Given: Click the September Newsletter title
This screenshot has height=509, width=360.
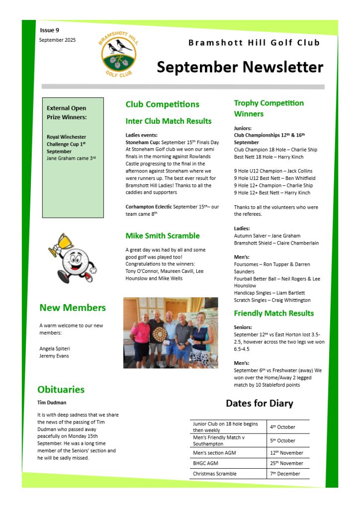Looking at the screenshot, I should pos(240,67).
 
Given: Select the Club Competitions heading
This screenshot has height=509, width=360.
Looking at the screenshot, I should pos(162,104).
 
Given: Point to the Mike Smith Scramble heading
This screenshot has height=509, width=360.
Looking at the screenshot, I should pos(162,236).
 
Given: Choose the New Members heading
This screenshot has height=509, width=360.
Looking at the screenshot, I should pos(73,308).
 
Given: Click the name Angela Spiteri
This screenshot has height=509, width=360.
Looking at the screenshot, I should pos(55,348).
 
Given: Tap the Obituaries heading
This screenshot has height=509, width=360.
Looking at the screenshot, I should pos(61,390).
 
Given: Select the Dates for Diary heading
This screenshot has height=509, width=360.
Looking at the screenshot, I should pos(259,403).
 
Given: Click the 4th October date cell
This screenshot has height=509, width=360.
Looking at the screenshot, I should pos(282,427).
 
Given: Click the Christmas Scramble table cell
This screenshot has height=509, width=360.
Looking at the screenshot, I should pos(215,474).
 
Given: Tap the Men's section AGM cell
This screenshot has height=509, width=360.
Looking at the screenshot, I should pos(214,453).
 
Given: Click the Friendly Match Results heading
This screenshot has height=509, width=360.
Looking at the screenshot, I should pos(273,313).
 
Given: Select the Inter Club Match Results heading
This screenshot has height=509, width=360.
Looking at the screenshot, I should pos(168,121).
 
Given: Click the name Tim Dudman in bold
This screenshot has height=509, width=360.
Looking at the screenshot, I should pos(52,403).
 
